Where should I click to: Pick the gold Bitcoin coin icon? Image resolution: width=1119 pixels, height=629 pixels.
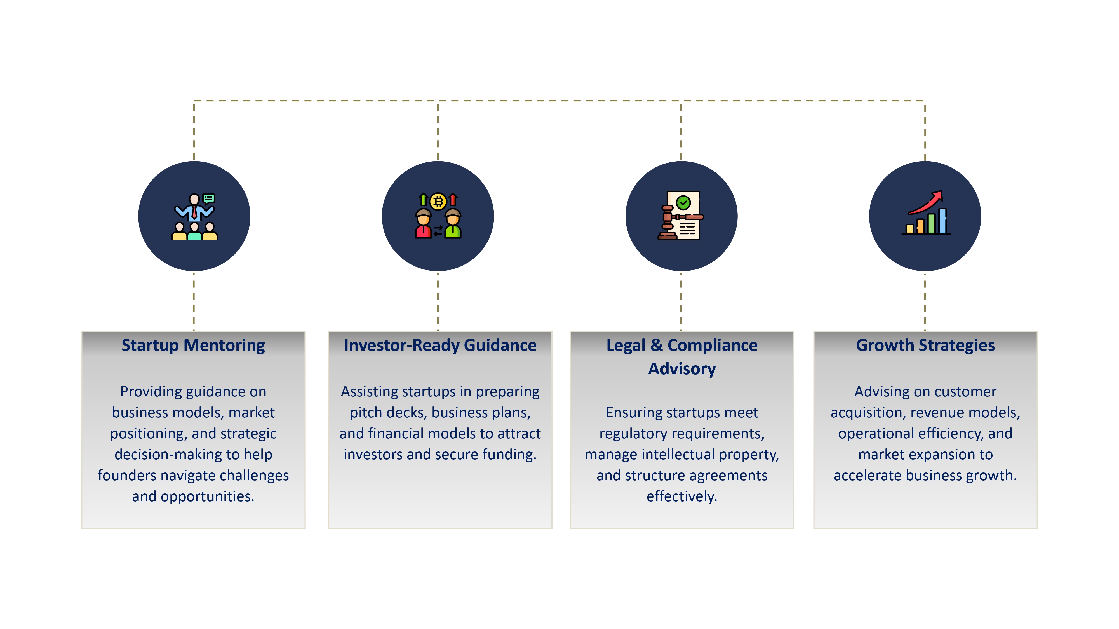438,201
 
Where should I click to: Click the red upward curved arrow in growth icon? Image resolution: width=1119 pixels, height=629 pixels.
927,203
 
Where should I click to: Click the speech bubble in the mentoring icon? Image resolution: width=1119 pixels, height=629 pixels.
209,198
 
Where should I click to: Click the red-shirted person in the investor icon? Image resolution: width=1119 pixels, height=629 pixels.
423,225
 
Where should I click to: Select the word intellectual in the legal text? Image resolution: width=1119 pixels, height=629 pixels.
678,455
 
